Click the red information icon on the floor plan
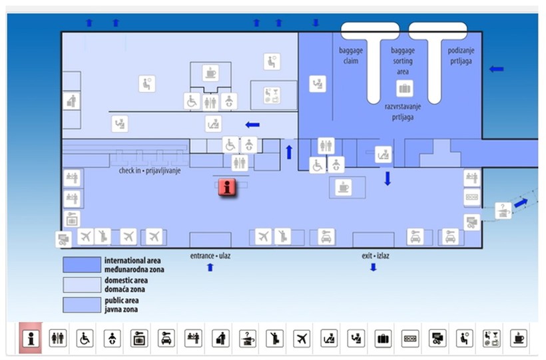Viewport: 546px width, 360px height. click(x=227, y=188)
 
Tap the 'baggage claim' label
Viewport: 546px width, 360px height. click(x=350, y=55)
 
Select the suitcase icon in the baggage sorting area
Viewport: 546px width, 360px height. click(x=404, y=88)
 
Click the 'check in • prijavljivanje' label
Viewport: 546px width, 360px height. click(x=150, y=171)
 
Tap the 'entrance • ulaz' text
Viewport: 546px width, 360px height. click(x=210, y=256)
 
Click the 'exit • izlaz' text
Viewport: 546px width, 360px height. click(x=373, y=256)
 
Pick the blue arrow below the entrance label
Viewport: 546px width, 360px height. click(x=210, y=268)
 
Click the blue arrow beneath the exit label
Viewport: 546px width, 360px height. click(x=373, y=268)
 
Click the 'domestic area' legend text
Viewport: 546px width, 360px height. click(x=127, y=280)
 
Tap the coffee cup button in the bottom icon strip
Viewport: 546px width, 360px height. click(x=518, y=338)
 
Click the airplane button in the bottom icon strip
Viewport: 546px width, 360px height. click(x=302, y=338)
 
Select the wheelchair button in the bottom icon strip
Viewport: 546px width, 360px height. click(x=85, y=338)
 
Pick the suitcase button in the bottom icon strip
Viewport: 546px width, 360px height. click(x=383, y=338)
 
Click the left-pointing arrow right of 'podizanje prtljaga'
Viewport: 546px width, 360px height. click(x=496, y=69)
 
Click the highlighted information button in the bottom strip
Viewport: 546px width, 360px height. click(x=30, y=338)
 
